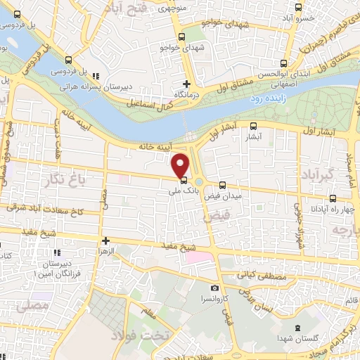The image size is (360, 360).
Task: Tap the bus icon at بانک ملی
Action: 184,179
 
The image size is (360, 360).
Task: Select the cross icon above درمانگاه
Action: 186,83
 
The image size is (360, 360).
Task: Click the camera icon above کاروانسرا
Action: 214,288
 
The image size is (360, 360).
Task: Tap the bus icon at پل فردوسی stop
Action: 68,60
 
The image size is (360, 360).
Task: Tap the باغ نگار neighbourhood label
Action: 70,180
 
